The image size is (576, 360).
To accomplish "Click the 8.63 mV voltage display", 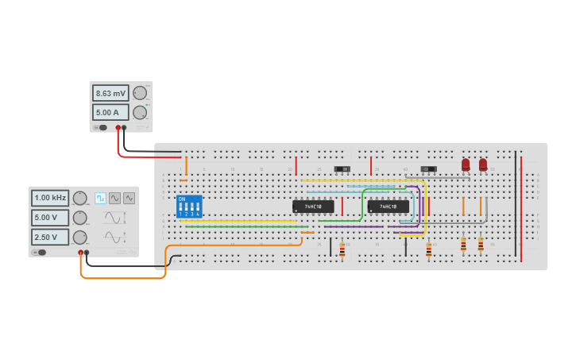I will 110,93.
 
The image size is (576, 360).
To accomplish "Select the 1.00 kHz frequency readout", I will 50,197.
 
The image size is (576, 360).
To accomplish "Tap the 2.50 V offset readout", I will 50,237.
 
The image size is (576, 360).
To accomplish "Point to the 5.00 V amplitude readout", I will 50,217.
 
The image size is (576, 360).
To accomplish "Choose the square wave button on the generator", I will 101,198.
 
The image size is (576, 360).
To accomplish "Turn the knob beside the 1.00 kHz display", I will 79,198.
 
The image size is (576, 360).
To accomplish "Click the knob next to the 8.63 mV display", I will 140,93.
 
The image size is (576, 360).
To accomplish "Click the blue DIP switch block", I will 188,207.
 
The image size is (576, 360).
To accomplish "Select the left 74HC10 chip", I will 313,207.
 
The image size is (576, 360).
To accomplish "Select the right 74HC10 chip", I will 389,207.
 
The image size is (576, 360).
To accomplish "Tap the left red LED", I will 466,165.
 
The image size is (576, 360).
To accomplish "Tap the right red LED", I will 483,165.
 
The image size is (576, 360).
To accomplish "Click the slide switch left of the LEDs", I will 429,168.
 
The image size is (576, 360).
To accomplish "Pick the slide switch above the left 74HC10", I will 343,168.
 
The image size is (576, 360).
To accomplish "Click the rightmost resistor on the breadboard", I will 481,245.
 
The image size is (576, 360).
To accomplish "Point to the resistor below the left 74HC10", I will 342,250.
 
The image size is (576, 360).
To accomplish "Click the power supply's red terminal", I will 118,127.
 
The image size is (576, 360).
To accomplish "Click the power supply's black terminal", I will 124,127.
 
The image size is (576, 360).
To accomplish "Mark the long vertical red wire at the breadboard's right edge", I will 521,207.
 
